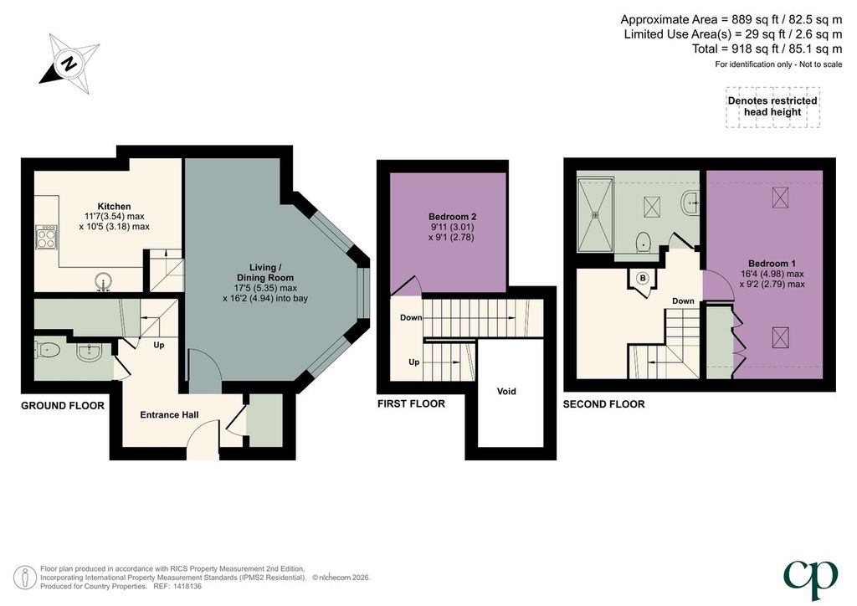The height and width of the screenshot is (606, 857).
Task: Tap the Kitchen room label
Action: click(x=114, y=206)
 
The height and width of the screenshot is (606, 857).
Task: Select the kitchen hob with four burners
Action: click(x=46, y=238)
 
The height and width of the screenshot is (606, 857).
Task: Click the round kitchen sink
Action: click(x=103, y=283)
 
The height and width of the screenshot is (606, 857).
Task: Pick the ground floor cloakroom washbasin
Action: click(x=89, y=352)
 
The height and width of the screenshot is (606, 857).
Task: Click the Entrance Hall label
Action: click(x=169, y=415)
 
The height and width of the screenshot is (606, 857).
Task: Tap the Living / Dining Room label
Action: click(x=265, y=272)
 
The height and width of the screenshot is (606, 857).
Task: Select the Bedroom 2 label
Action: click(x=452, y=217)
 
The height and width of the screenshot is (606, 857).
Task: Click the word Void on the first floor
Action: click(x=506, y=391)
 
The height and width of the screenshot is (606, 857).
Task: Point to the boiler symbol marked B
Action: click(x=643, y=278)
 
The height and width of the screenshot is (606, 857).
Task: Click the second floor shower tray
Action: click(x=595, y=215)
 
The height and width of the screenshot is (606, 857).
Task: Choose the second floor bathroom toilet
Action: click(x=644, y=241)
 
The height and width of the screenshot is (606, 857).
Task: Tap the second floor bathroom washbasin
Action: click(x=690, y=203)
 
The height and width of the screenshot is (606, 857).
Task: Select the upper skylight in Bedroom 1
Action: click(x=780, y=198)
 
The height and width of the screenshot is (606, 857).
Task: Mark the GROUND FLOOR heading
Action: click(x=62, y=405)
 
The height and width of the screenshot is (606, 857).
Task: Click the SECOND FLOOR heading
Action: click(x=604, y=404)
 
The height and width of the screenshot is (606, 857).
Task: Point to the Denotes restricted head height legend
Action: click(x=772, y=106)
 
